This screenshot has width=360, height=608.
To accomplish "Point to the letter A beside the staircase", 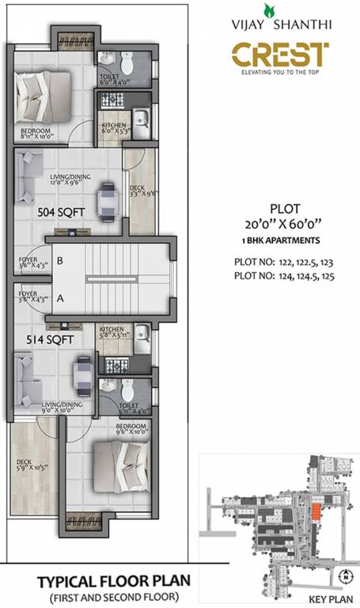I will coord(59,298).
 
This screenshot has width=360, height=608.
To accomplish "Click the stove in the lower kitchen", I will coord(116,366).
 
